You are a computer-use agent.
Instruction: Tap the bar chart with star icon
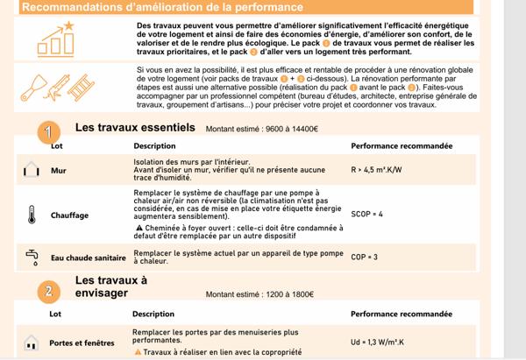tap(58, 38)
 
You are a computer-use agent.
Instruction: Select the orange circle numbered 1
tap(50, 131)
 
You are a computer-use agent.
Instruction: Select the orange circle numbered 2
tap(50, 290)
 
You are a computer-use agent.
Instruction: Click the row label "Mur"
tap(59, 172)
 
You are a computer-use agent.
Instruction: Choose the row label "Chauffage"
tap(69, 214)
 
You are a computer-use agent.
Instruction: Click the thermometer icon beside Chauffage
tap(32, 214)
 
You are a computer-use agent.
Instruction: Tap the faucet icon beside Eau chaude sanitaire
tap(32, 257)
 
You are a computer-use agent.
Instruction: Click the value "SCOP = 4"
tap(367, 213)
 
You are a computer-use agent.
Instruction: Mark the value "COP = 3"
tap(364, 257)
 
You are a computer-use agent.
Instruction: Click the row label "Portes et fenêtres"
tap(82, 343)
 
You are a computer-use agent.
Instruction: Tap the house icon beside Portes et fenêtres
tap(32, 342)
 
